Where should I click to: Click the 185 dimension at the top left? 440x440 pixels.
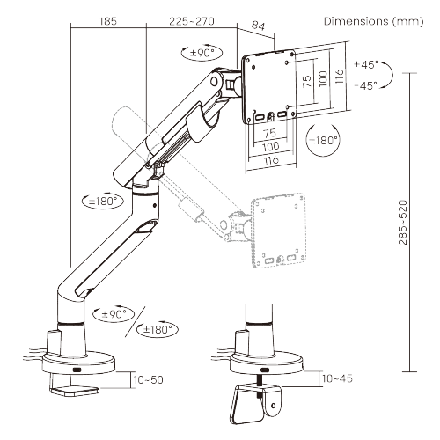click(108, 18)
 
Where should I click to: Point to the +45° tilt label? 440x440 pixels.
click(364, 64)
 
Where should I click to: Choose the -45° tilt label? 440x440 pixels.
click(364, 84)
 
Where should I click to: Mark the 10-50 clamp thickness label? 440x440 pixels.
click(148, 379)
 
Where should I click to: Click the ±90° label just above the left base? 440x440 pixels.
click(115, 313)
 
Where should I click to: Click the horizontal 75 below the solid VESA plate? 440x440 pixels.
click(269, 134)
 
